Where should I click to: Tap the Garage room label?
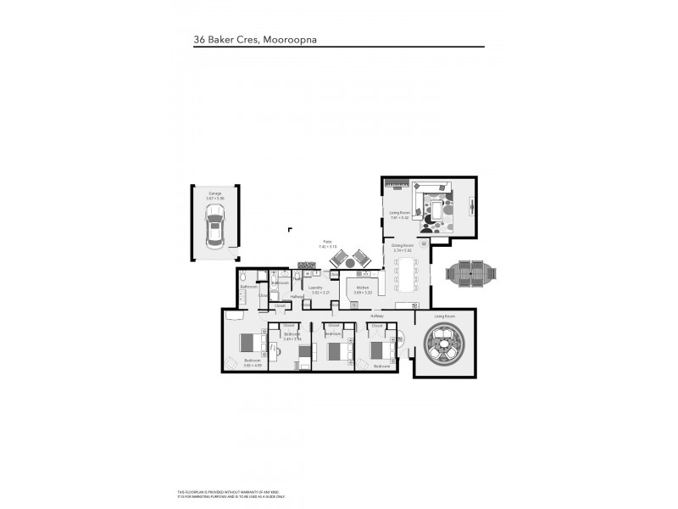214,193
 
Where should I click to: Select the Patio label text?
325,242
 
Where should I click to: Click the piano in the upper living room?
397,185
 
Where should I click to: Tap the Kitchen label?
362,288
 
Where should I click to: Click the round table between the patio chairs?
349,260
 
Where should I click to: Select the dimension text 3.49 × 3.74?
292,338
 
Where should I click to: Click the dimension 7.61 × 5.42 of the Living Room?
399,218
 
